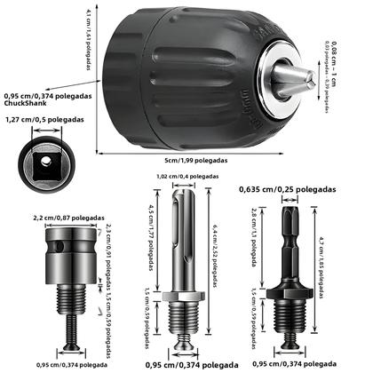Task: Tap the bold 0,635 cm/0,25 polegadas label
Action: [x=290, y=189]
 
